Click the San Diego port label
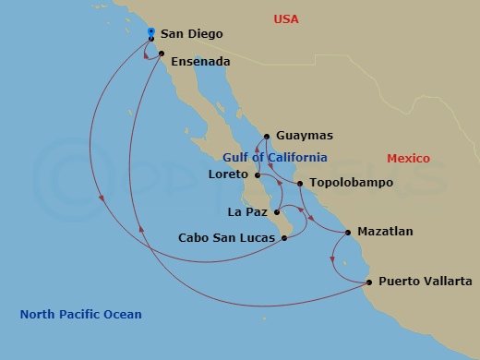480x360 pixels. click(191, 34)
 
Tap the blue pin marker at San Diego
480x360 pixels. click(151, 34)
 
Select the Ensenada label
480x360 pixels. click(200, 62)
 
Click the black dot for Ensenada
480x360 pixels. click(162, 54)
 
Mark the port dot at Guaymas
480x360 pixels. click(267, 135)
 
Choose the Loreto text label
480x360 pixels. click(229, 174)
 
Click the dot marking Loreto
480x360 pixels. click(257, 174)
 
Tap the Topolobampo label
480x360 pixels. click(351, 183)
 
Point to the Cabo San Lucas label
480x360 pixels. click(226, 238)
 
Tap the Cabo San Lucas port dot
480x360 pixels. click(283, 238)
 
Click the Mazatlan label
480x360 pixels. click(385, 232)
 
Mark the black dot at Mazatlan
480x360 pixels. click(348, 232)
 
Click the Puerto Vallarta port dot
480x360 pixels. click(369, 282)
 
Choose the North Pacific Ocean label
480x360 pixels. click(81, 315)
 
